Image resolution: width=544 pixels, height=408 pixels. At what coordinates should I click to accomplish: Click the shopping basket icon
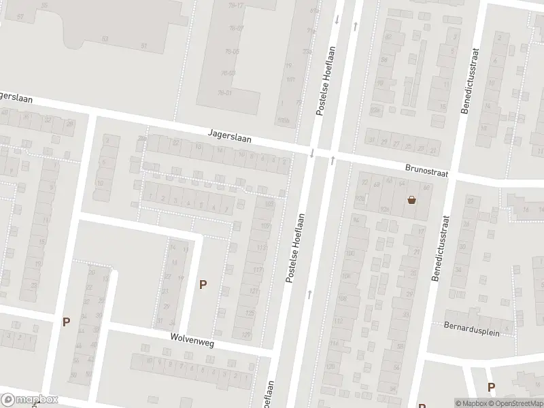click(411, 200)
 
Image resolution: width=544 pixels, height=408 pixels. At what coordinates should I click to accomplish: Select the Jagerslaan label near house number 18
click(230, 137)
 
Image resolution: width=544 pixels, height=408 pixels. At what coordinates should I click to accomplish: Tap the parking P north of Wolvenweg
click(203, 285)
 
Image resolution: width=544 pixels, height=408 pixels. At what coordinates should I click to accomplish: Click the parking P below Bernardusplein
click(492, 387)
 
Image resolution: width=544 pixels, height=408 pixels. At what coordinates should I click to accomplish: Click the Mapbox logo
click(30, 400)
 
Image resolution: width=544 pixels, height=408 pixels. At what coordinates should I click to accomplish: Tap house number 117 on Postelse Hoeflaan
click(258, 271)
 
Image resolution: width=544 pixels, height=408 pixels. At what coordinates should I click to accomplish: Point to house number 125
click(250, 313)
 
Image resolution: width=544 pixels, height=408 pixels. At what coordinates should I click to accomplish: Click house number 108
click(341, 299)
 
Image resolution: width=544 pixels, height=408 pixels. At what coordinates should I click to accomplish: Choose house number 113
click(261, 248)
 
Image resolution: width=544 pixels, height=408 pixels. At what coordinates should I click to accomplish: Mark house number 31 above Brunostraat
click(371, 140)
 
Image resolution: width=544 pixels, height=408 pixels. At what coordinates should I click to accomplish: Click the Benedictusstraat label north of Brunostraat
click(469, 80)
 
